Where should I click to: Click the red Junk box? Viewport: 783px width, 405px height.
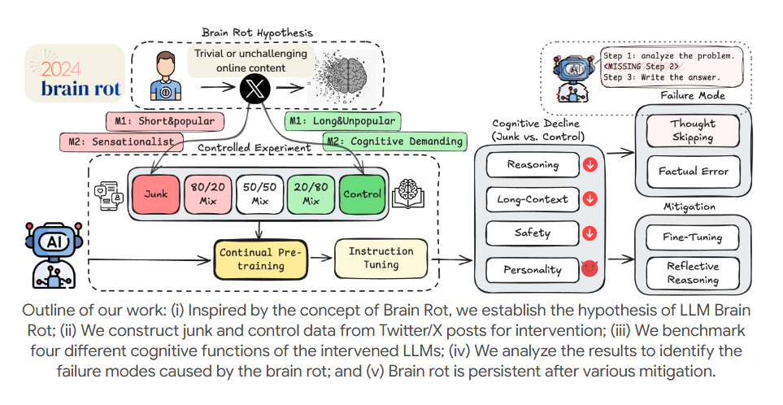155,194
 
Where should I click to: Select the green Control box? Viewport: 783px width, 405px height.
363,194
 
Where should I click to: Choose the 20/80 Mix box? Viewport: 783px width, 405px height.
311,194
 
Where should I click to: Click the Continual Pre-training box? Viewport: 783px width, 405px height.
259,259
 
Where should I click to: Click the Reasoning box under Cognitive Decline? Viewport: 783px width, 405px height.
532,164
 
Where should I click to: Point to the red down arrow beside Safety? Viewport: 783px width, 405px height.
589,233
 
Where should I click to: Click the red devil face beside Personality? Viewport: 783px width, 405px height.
589,268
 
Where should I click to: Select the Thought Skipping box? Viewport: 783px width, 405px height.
693,132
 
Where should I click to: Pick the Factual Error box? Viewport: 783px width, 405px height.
693,172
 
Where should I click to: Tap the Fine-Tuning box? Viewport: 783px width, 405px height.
693,237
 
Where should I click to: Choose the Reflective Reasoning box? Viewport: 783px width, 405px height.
693,273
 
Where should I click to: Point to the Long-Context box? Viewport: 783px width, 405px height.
532,198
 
